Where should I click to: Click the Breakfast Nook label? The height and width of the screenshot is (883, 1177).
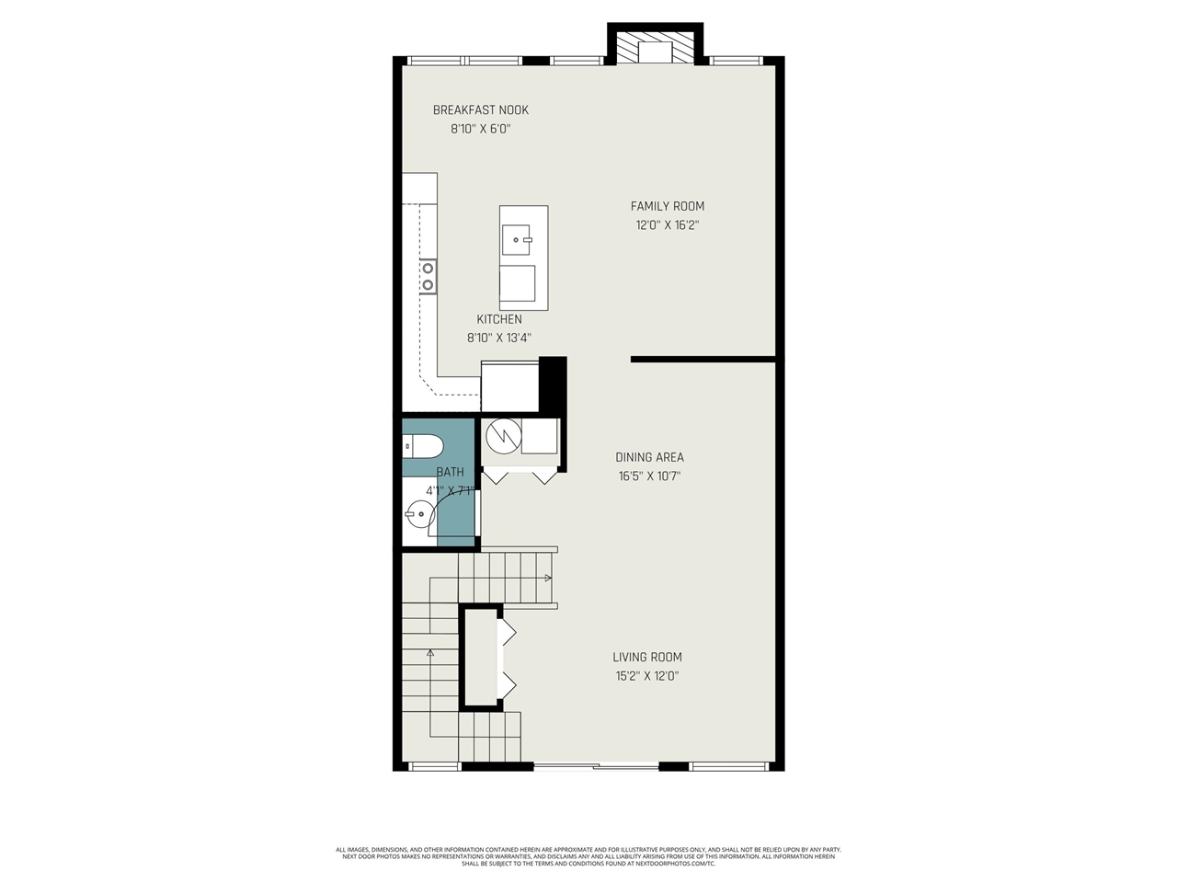tap(481, 110)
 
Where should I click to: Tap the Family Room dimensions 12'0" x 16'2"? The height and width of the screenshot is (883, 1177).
tap(667, 225)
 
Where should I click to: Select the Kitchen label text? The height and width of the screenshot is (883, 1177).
tap(499, 319)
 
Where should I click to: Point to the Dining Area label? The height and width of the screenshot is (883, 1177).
tap(649, 457)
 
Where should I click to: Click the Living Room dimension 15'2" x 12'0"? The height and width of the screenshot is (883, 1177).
tap(648, 676)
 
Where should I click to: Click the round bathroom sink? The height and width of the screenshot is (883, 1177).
tap(419, 514)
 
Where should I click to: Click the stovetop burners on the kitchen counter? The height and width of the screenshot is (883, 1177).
tap(428, 276)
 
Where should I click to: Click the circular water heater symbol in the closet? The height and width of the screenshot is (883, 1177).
tap(503, 436)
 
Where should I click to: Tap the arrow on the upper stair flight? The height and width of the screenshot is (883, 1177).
tap(548, 578)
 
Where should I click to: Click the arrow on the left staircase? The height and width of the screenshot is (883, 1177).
tap(429, 653)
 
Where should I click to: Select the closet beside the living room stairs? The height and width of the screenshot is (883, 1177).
tap(480, 658)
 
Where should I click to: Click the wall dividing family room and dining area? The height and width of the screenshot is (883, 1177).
tap(703, 360)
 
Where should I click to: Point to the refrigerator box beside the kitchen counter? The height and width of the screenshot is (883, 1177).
tap(510, 386)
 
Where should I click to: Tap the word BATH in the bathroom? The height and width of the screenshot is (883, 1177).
tap(451, 472)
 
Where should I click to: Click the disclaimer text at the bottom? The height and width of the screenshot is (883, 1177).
tap(588, 856)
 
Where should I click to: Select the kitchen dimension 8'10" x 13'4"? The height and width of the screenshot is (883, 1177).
tap(499, 338)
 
